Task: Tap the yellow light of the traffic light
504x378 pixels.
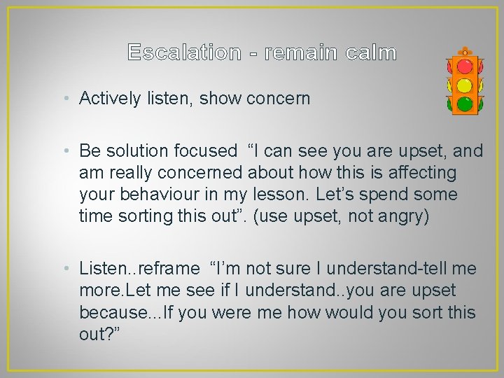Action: [x=464, y=86]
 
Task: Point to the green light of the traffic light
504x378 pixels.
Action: [x=464, y=104]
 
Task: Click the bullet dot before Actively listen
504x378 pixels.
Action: [x=71, y=99]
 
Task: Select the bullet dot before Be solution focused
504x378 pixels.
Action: [x=71, y=150]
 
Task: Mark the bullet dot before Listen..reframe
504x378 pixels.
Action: [x=71, y=268]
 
